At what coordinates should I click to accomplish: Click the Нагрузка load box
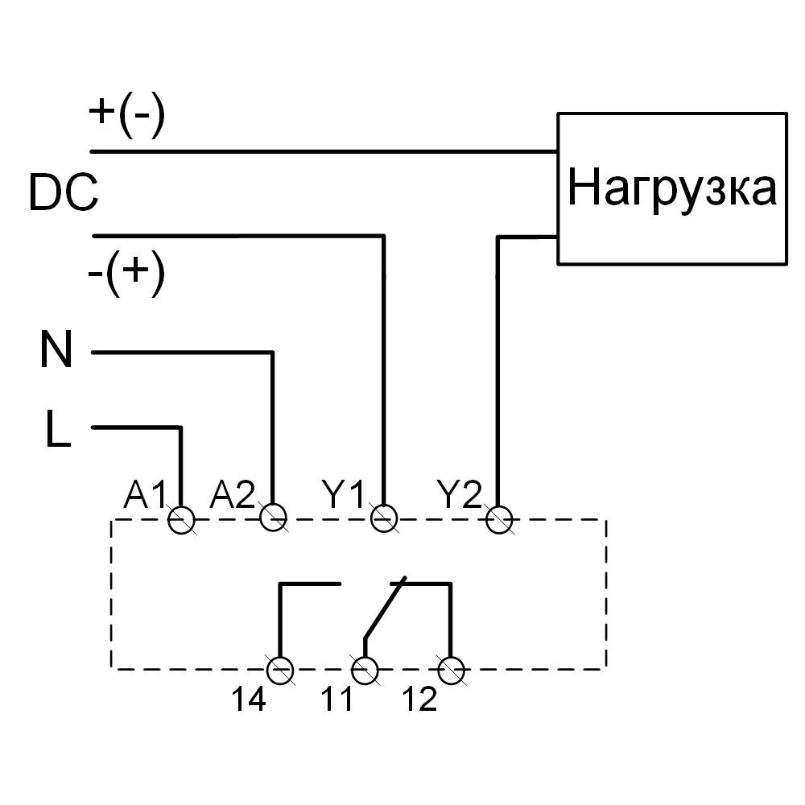672,188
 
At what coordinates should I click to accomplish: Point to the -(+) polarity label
126,275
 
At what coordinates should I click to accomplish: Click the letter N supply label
57,352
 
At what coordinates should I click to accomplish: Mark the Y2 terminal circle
499,519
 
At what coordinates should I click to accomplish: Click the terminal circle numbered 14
280,669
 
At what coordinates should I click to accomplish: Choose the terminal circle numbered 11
365,669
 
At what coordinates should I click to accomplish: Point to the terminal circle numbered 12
451,669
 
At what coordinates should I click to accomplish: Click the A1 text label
145,494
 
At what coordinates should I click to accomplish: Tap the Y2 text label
460,494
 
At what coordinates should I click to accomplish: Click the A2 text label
233,494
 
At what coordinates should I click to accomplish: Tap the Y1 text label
344,494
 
